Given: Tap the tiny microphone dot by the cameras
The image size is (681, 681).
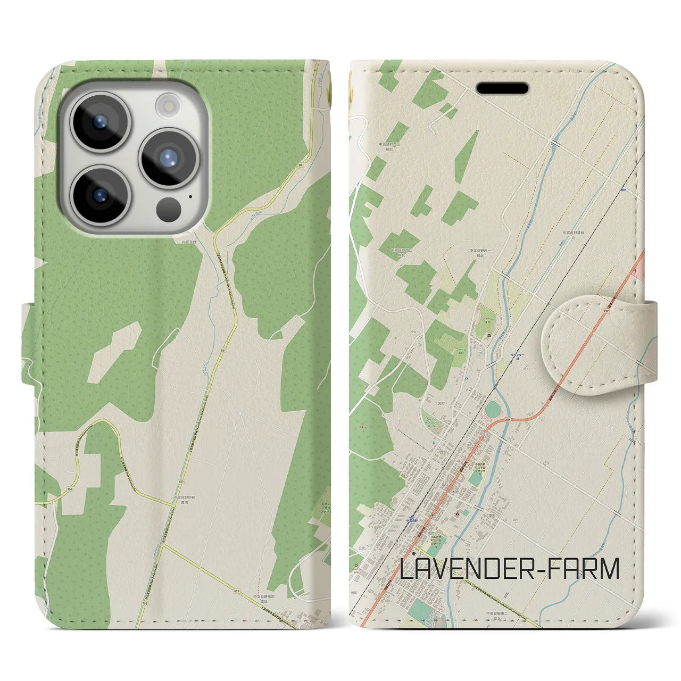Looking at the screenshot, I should point(190,196).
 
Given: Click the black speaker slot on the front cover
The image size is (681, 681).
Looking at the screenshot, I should point(502,88).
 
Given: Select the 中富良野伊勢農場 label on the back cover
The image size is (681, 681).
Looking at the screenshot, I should point(187,501).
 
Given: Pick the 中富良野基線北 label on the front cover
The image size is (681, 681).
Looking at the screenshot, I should point(575,235).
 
